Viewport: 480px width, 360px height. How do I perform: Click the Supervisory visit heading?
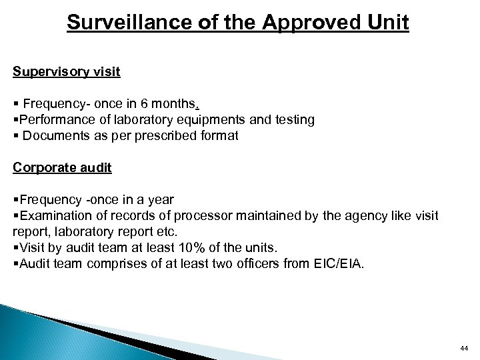(67, 71)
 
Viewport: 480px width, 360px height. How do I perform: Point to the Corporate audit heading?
(62, 168)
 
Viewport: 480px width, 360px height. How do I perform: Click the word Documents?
(56, 135)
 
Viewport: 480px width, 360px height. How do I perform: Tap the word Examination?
(57, 216)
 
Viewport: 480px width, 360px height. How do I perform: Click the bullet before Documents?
(15, 135)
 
